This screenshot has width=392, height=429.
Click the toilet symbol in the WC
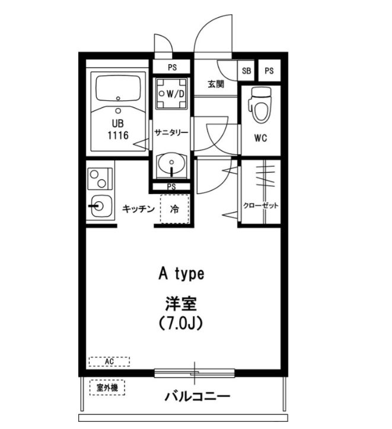(x=260, y=104)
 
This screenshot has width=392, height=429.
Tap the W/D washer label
(x=175, y=94)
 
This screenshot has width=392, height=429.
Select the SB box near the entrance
(x=246, y=71)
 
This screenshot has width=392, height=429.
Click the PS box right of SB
(x=269, y=71)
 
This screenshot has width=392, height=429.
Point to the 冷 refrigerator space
(x=175, y=209)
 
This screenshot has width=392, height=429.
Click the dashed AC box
(x=109, y=362)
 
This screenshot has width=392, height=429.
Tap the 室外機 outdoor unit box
(x=107, y=387)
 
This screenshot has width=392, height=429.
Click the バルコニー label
(x=197, y=396)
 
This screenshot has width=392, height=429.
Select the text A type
(x=181, y=274)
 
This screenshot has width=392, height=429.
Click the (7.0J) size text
(x=181, y=323)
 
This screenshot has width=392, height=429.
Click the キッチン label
(x=138, y=209)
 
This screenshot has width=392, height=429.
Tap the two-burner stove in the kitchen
(x=100, y=179)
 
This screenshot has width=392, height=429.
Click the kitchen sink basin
(x=100, y=206)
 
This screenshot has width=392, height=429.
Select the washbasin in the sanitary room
(x=171, y=164)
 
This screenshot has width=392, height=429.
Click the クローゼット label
(x=261, y=205)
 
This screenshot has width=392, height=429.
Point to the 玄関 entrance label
(x=216, y=84)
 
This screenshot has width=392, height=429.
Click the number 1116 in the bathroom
(x=118, y=135)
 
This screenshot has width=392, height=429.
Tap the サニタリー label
(x=171, y=133)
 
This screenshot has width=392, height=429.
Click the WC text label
(x=260, y=138)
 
